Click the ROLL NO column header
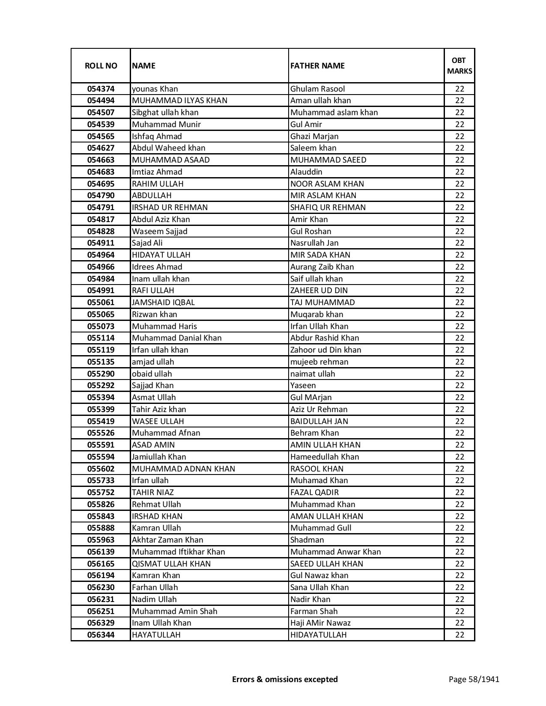point(101,65)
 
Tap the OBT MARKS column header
point(459,65)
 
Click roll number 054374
point(101,89)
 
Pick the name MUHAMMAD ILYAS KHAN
point(179,101)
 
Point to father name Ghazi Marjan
point(314,136)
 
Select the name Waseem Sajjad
point(159,231)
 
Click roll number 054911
point(101,243)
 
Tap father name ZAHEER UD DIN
point(319,291)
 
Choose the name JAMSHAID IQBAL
point(163,303)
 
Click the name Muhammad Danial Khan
point(176,338)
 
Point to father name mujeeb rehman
point(319,362)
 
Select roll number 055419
point(101,421)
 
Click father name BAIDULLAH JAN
point(319,421)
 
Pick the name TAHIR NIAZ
point(152,492)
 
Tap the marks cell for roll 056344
point(459,635)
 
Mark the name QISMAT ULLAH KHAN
point(171,564)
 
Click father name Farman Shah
point(313,611)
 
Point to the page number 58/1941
point(474,679)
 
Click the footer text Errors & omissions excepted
point(285,679)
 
